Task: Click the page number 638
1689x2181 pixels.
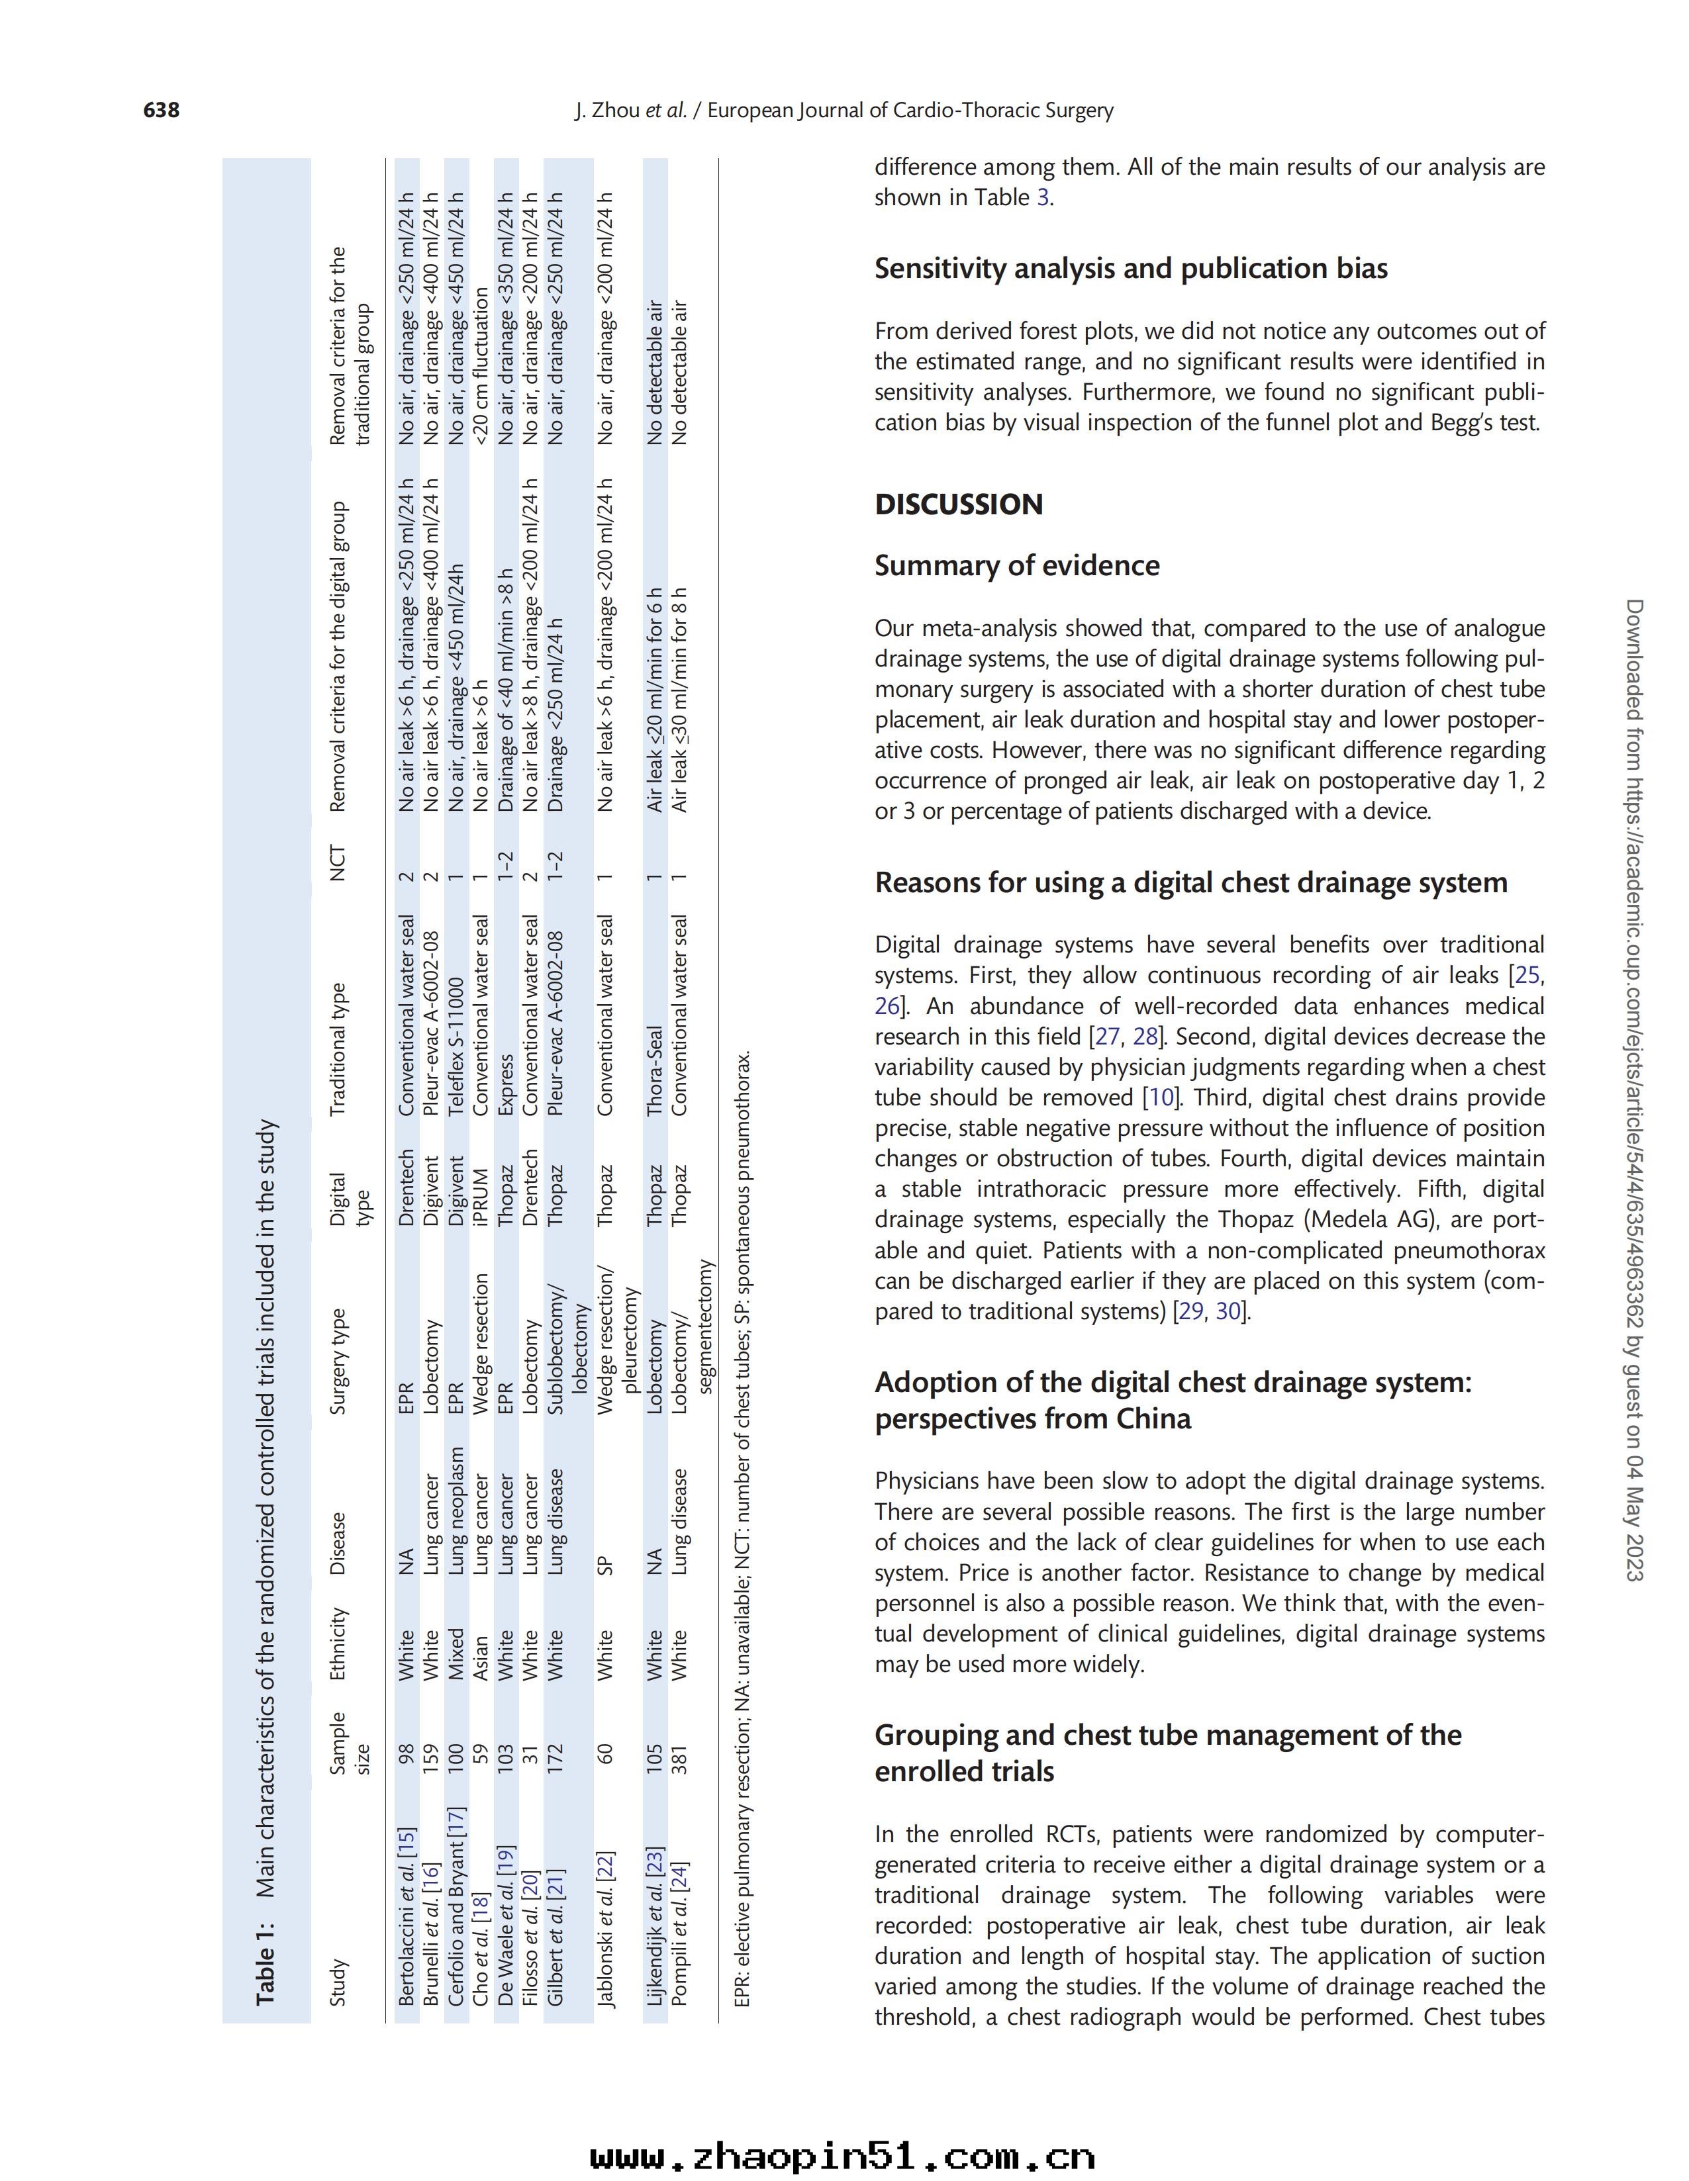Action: click(x=162, y=110)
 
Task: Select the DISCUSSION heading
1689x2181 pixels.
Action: click(x=958, y=504)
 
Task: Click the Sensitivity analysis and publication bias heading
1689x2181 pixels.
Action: click(x=1131, y=269)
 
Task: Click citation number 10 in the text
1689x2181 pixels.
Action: click(x=1161, y=1097)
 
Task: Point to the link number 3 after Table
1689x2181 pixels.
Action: click(x=1043, y=198)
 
